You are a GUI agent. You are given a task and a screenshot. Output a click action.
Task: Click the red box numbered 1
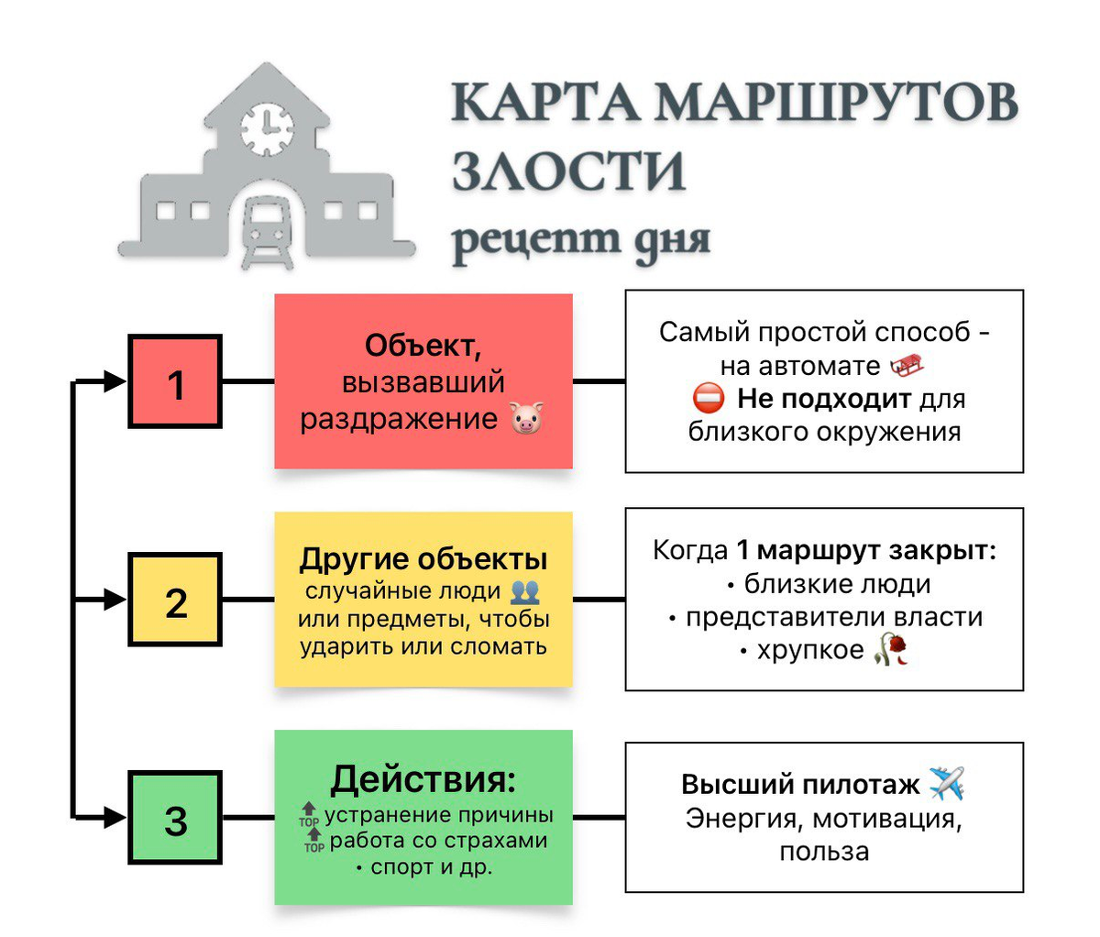pos(175,381)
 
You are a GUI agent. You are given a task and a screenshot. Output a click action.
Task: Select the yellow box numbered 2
pos(175,600)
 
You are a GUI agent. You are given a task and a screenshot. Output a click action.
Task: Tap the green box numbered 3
pos(175,818)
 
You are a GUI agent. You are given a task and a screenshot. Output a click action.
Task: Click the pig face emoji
pos(527,419)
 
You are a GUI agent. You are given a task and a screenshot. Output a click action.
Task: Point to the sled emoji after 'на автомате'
pos(906,367)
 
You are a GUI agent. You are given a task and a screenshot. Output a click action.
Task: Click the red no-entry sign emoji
pos(709,399)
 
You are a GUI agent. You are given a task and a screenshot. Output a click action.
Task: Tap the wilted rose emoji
pos(891,649)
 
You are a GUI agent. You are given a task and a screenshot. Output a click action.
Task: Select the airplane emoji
pos(947,784)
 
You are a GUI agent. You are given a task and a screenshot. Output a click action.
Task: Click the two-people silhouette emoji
pos(525,590)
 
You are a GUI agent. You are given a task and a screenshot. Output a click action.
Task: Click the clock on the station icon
pos(267,126)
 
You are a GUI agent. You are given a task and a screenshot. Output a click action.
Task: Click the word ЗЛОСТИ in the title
pos(569,171)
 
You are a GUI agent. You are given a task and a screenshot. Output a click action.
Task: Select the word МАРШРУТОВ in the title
pos(835,102)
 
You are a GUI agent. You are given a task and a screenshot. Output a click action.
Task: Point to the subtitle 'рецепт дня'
pos(581,240)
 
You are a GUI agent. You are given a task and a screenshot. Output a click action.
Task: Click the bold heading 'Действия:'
pos(423,779)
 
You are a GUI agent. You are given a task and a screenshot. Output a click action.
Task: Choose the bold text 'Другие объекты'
pos(423,559)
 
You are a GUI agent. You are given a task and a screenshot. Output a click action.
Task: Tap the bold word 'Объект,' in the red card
pos(423,346)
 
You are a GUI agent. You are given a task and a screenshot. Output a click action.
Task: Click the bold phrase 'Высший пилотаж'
pos(800,785)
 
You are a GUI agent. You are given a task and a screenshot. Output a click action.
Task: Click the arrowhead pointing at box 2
pos(115,600)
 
